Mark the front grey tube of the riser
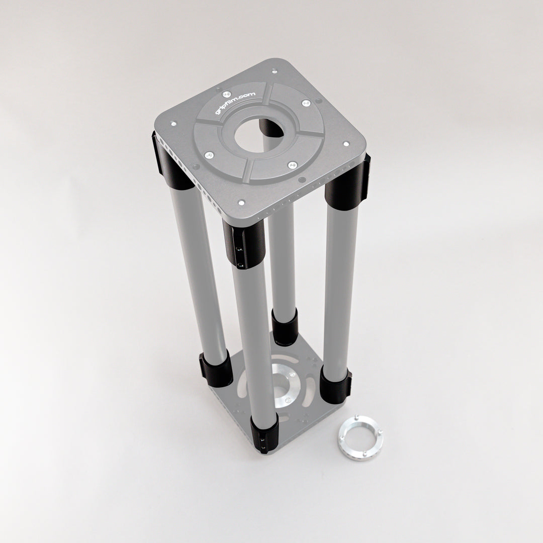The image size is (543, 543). pos(254,342)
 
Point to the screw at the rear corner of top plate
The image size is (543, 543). pos(273,71)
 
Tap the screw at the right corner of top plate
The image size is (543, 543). pos(346,144)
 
